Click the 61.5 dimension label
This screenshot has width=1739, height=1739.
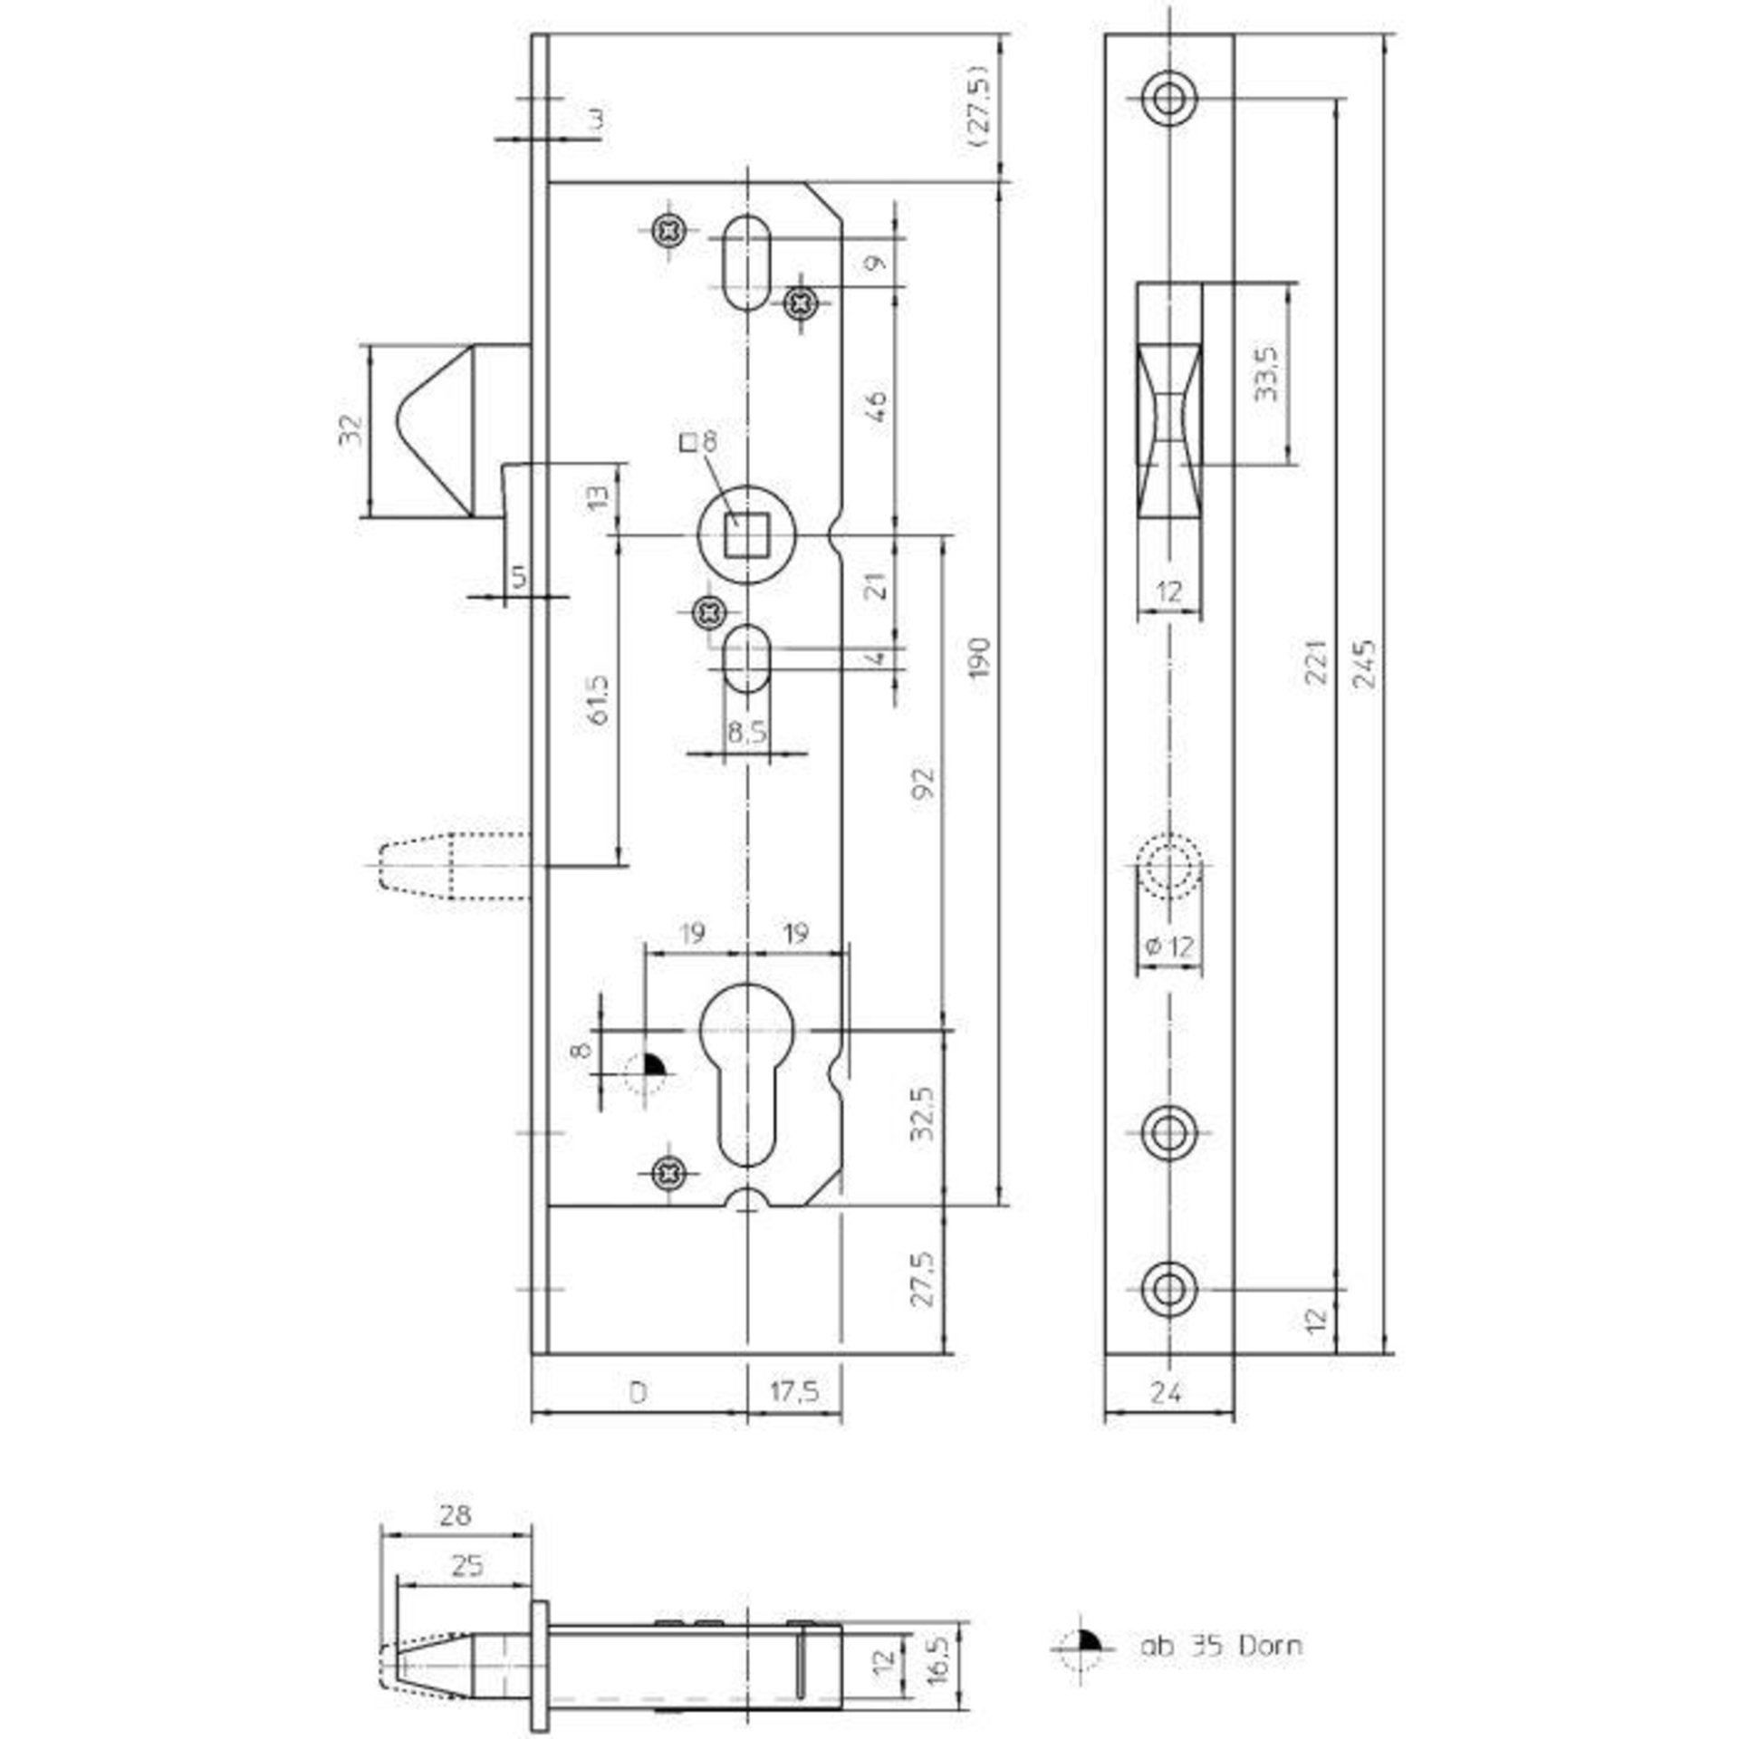tap(599, 699)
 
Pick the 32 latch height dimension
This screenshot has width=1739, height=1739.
tap(350, 429)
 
